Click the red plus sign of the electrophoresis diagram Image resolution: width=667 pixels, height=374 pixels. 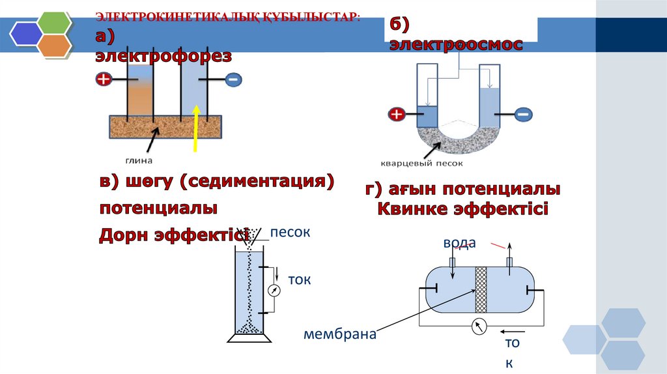click(103, 80)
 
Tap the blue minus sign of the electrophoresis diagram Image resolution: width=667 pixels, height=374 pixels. click(233, 80)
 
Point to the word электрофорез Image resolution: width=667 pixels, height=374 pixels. click(163, 57)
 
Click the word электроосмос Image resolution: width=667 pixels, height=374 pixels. click(456, 44)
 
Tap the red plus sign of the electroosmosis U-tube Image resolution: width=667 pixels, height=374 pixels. click(397, 115)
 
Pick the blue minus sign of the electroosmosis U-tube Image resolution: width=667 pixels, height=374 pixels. click(522, 115)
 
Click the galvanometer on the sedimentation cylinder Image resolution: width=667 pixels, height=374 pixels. click(274, 291)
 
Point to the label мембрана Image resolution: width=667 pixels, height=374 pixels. click(340, 335)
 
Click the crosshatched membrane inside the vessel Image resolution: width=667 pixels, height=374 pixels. click(481, 290)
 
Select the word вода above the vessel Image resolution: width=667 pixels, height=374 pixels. click(460, 243)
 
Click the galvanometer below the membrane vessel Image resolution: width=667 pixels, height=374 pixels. click(479, 325)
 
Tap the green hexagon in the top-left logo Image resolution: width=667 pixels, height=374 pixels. click(54, 22)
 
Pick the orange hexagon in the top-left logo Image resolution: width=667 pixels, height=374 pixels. click(54, 46)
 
